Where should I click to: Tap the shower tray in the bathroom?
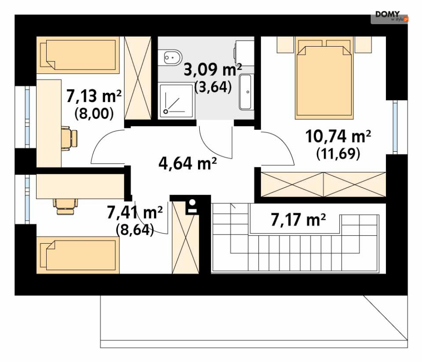(x=176, y=100)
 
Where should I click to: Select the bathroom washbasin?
(x=246, y=92)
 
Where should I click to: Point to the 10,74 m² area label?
(x=338, y=136)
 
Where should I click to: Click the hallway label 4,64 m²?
(x=187, y=163)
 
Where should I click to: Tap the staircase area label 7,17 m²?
(x=298, y=220)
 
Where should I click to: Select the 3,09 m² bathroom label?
(x=212, y=70)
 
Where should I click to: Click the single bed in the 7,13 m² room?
(x=78, y=55)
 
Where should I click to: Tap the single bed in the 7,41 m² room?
(x=78, y=255)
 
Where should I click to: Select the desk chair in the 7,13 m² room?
(x=70, y=138)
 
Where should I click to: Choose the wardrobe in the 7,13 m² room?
(x=138, y=78)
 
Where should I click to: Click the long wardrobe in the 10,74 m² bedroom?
(x=323, y=184)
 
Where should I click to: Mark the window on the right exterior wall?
(x=395, y=127)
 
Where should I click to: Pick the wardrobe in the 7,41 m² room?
(x=185, y=238)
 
